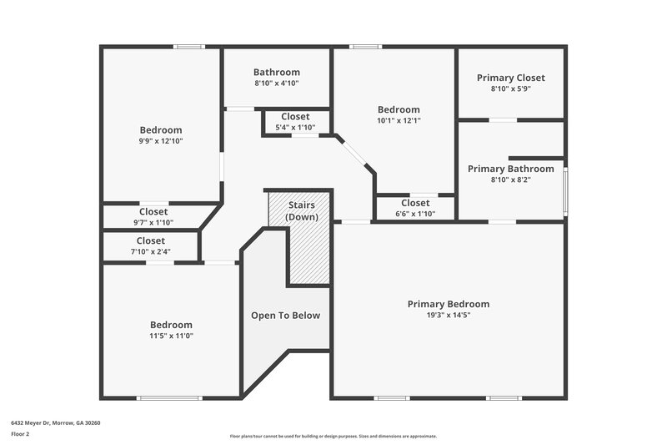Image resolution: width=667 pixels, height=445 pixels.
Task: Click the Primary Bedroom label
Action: click(448, 304)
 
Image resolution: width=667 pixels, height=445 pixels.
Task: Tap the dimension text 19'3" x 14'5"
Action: click(448, 316)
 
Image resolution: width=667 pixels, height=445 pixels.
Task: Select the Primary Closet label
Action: click(510, 78)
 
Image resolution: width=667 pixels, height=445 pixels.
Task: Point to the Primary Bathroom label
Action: click(510, 169)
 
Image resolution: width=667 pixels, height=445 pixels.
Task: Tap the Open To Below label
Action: click(286, 316)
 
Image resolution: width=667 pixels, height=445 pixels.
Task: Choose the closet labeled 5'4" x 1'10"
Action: click(295, 122)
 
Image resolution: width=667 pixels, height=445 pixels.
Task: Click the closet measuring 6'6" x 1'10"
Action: click(415, 208)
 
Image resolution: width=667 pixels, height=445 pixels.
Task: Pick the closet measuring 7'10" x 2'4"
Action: click(150, 245)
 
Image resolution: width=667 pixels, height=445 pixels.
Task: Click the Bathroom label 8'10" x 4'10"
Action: click(277, 78)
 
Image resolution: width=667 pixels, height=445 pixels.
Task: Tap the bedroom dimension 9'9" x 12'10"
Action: click(160, 141)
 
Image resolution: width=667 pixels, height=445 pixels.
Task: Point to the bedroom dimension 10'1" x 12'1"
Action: click(399, 120)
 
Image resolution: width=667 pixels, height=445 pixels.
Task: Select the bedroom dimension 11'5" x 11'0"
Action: click(171, 336)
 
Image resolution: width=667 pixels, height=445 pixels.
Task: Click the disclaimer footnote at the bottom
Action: click(333, 436)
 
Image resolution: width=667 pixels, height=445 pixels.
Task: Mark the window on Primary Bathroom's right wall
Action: click(564, 181)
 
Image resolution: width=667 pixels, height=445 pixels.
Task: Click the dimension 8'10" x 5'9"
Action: click(510, 88)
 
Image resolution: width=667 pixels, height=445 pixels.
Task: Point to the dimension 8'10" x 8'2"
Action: click(510, 180)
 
